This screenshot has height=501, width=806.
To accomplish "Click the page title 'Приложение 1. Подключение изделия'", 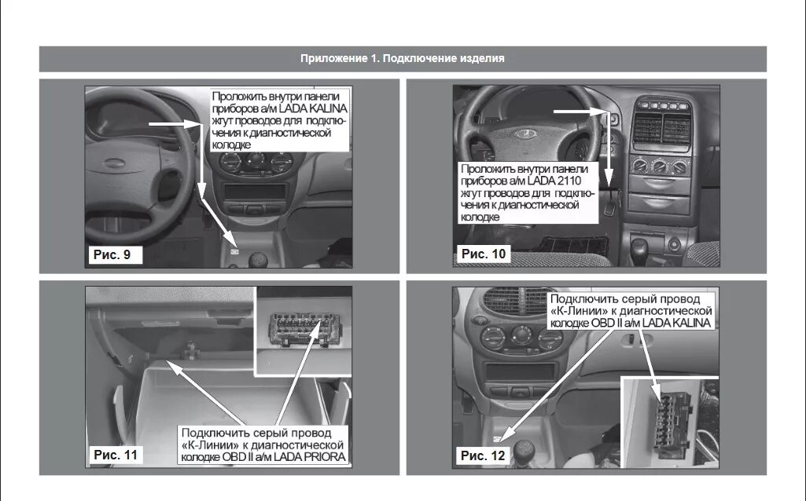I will (x=402, y=59).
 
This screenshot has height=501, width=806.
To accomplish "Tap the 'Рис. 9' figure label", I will (x=113, y=254).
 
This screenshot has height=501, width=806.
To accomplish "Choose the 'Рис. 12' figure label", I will (x=481, y=455).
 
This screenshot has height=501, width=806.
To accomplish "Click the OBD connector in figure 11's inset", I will (x=301, y=324).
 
